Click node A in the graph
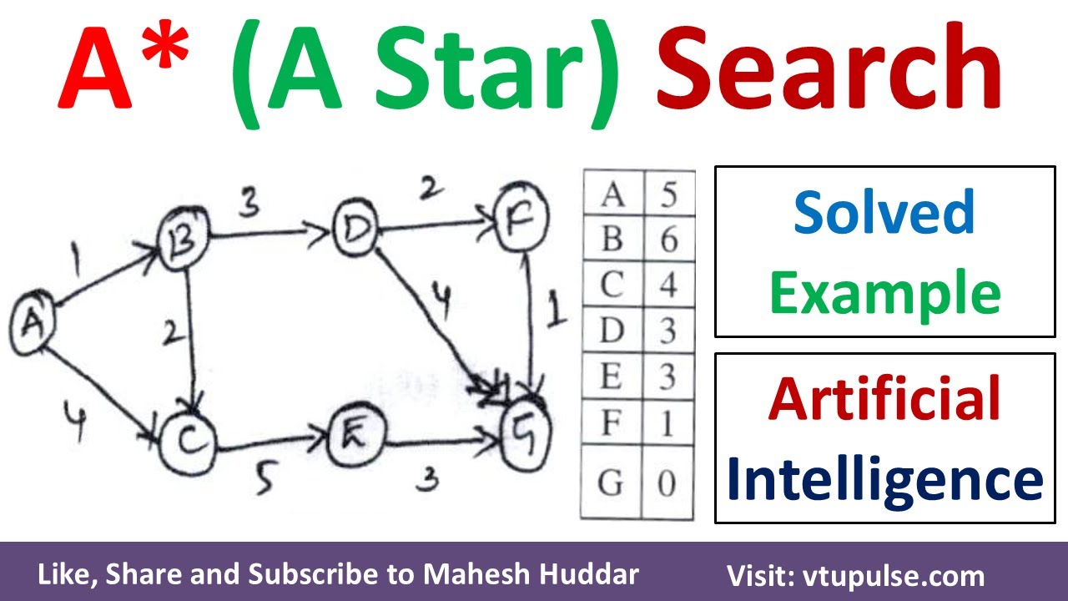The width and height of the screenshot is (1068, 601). pos(33,320)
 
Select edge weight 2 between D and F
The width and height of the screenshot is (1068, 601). pos(427,190)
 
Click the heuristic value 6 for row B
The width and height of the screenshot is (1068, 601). pos(667,240)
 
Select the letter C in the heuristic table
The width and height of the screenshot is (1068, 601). pos(612,286)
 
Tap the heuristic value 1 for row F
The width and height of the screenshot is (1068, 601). pos(667,423)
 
